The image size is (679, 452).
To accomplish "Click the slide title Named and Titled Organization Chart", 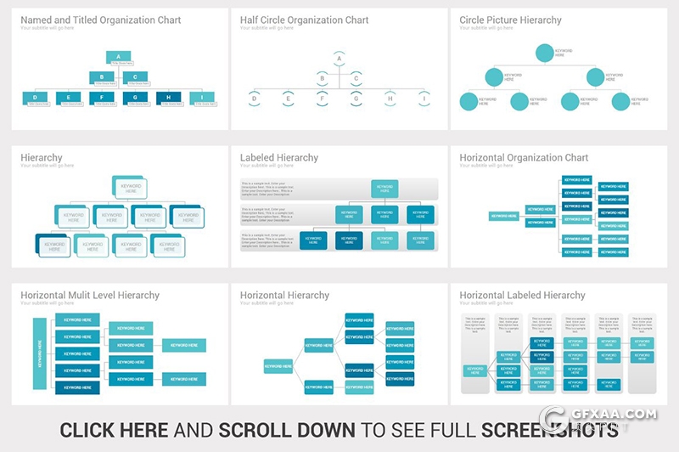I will [100, 20].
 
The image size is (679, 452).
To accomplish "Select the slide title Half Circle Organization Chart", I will [304, 20].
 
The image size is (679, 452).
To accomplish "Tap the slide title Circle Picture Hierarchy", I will [510, 20].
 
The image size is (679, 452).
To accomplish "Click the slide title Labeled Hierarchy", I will [279, 157].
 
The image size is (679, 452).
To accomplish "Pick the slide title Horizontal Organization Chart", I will [524, 157].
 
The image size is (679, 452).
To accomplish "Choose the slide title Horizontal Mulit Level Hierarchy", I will [90, 296].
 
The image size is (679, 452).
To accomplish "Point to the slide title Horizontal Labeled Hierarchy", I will [522, 296].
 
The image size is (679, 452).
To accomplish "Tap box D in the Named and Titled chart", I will [35, 98].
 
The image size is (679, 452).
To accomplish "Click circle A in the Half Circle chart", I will [339, 59].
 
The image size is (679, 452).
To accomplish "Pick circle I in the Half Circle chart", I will [424, 99].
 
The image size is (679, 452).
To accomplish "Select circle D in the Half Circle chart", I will [253, 99].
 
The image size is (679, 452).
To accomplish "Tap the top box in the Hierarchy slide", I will [131, 188].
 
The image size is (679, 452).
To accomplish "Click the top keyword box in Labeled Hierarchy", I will [384, 189].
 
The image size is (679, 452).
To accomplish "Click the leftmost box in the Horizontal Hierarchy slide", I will [278, 366].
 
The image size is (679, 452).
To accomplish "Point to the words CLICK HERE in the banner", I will [114, 430].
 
